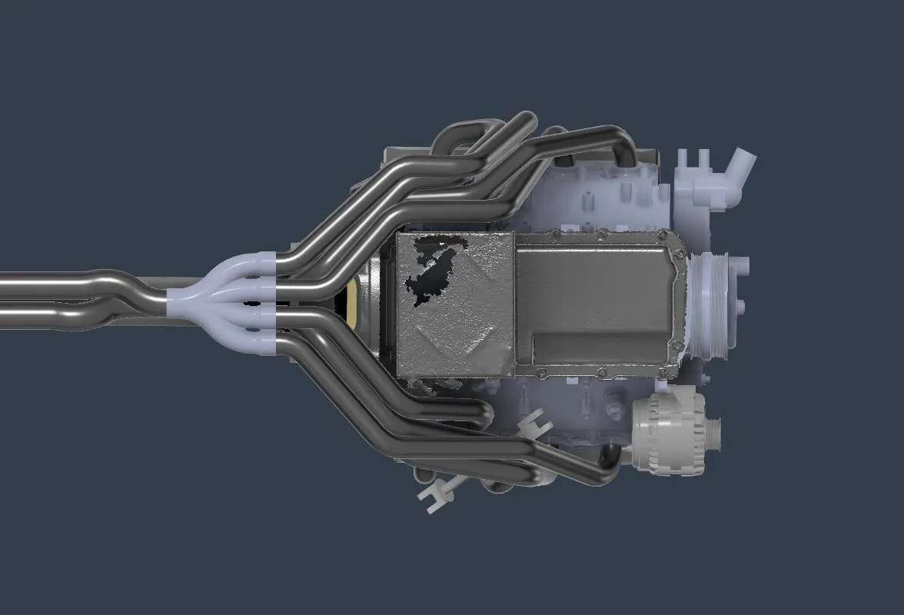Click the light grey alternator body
click(x=667, y=431)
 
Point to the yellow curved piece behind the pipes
click(x=353, y=304)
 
